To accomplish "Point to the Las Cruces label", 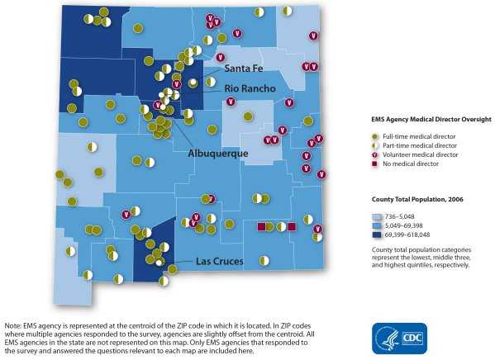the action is click(x=219, y=262).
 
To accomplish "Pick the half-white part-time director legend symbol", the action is click(x=374, y=144).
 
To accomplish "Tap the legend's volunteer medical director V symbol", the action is click(x=374, y=154).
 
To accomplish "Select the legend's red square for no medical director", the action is click(x=374, y=164).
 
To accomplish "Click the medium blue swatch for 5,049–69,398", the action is click(x=377, y=225).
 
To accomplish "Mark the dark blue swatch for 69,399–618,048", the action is click(x=377, y=235).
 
